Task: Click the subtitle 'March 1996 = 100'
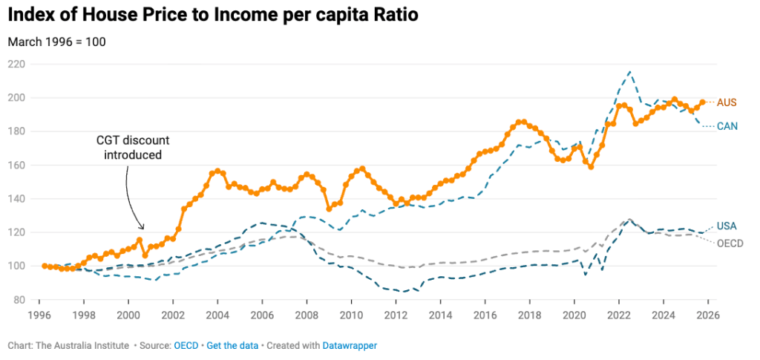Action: (56, 42)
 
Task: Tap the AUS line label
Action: (727, 102)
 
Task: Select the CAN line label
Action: (727, 126)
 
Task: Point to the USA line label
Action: (727, 226)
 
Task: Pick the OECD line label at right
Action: (730, 243)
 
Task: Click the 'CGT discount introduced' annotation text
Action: (132, 148)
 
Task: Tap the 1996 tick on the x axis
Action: (39, 314)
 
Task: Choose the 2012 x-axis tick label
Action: (396, 314)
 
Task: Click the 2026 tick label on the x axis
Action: (707, 314)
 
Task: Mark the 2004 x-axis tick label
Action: (217, 314)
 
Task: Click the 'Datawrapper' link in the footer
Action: (350, 346)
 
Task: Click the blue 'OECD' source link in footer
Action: (185, 346)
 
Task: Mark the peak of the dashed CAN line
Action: (629, 72)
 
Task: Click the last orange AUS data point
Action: (702, 102)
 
